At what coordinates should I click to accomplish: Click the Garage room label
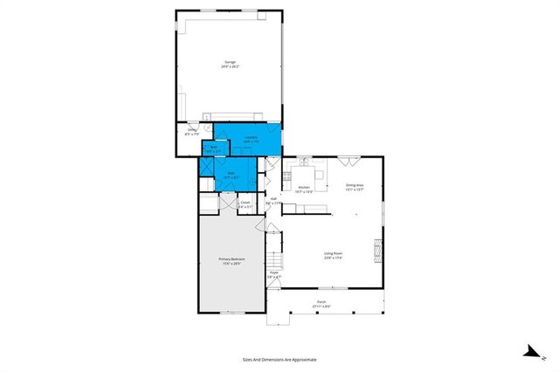tap(231, 65)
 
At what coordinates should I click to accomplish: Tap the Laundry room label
tap(250, 139)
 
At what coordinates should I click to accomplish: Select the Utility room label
tap(192, 132)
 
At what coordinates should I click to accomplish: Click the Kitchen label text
tap(305, 189)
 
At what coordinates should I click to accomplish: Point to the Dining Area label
tap(354, 187)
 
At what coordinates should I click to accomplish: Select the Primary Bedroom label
tap(231, 261)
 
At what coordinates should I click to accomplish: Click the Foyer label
tap(273, 273)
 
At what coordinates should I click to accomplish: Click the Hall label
tap(274, 201)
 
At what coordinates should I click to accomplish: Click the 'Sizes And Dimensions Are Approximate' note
tap(279, 359)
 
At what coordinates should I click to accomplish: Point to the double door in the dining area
tap(349, 160)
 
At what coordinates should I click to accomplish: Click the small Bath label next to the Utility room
tap(214, 148)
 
